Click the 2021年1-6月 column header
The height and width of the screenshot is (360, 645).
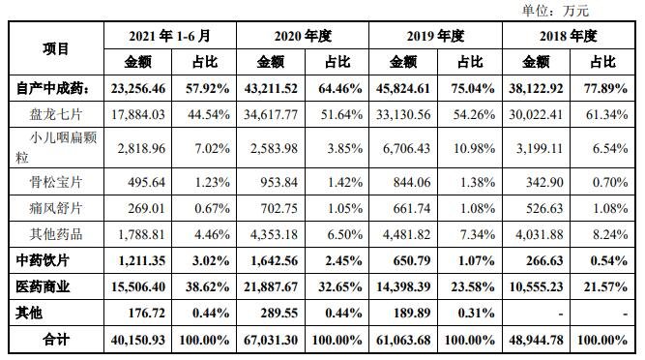(x=169, y=37)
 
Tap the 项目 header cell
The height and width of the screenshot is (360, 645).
(x=56, y=49)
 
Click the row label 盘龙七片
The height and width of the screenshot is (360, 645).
(x=56, y=114)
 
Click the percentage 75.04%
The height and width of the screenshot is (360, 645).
(x=469, y=88)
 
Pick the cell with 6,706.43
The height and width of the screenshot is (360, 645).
(x=403, y=148)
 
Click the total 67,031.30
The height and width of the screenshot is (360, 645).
(x=270, y=341)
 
